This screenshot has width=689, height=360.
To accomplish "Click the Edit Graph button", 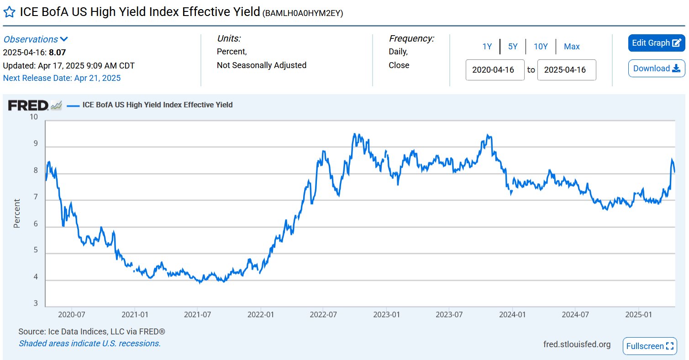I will click(x=656, y=43).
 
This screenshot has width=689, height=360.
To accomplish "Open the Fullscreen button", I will click(x=650, y=346).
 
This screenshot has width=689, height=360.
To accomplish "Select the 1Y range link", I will click(x=487, y=47).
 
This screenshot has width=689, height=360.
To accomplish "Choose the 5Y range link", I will click(x=513, y=47).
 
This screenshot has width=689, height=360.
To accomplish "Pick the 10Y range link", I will click(x=541, y=47).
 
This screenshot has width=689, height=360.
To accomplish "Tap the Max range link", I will click(x=572, y=47).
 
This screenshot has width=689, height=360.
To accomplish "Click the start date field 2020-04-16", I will click(x=494, y=70).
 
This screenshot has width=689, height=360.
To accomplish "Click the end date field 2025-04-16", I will click(x=566, y=70).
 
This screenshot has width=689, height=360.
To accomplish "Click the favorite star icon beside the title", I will click(x=9, y=12).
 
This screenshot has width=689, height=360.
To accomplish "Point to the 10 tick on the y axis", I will click(x=33, y=117).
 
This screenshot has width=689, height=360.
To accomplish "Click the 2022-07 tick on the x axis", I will click(x=323, y=315).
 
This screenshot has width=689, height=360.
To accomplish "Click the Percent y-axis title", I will click(x=17, y=213).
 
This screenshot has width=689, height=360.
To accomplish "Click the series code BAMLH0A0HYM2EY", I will click(x=302, y=13).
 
